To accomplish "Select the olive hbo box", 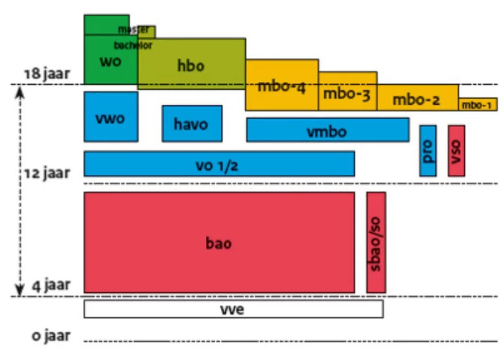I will pos(191,64).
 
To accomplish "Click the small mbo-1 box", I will pos(477,104).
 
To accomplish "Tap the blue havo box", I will pos(192,124).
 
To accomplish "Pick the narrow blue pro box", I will pos(427,151).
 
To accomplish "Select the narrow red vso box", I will pos(456,151).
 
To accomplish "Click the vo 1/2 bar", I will pos(219,164).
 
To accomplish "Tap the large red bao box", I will pos(219,243).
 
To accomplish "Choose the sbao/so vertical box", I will pos(376,243).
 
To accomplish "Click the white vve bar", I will pos(233,309).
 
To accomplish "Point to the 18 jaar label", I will pos(46,74).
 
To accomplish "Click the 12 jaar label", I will pos(46,172).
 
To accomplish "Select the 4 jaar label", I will pos(50,284).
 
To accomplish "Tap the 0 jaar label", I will pos(52,335).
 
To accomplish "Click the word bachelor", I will pos(132,45).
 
